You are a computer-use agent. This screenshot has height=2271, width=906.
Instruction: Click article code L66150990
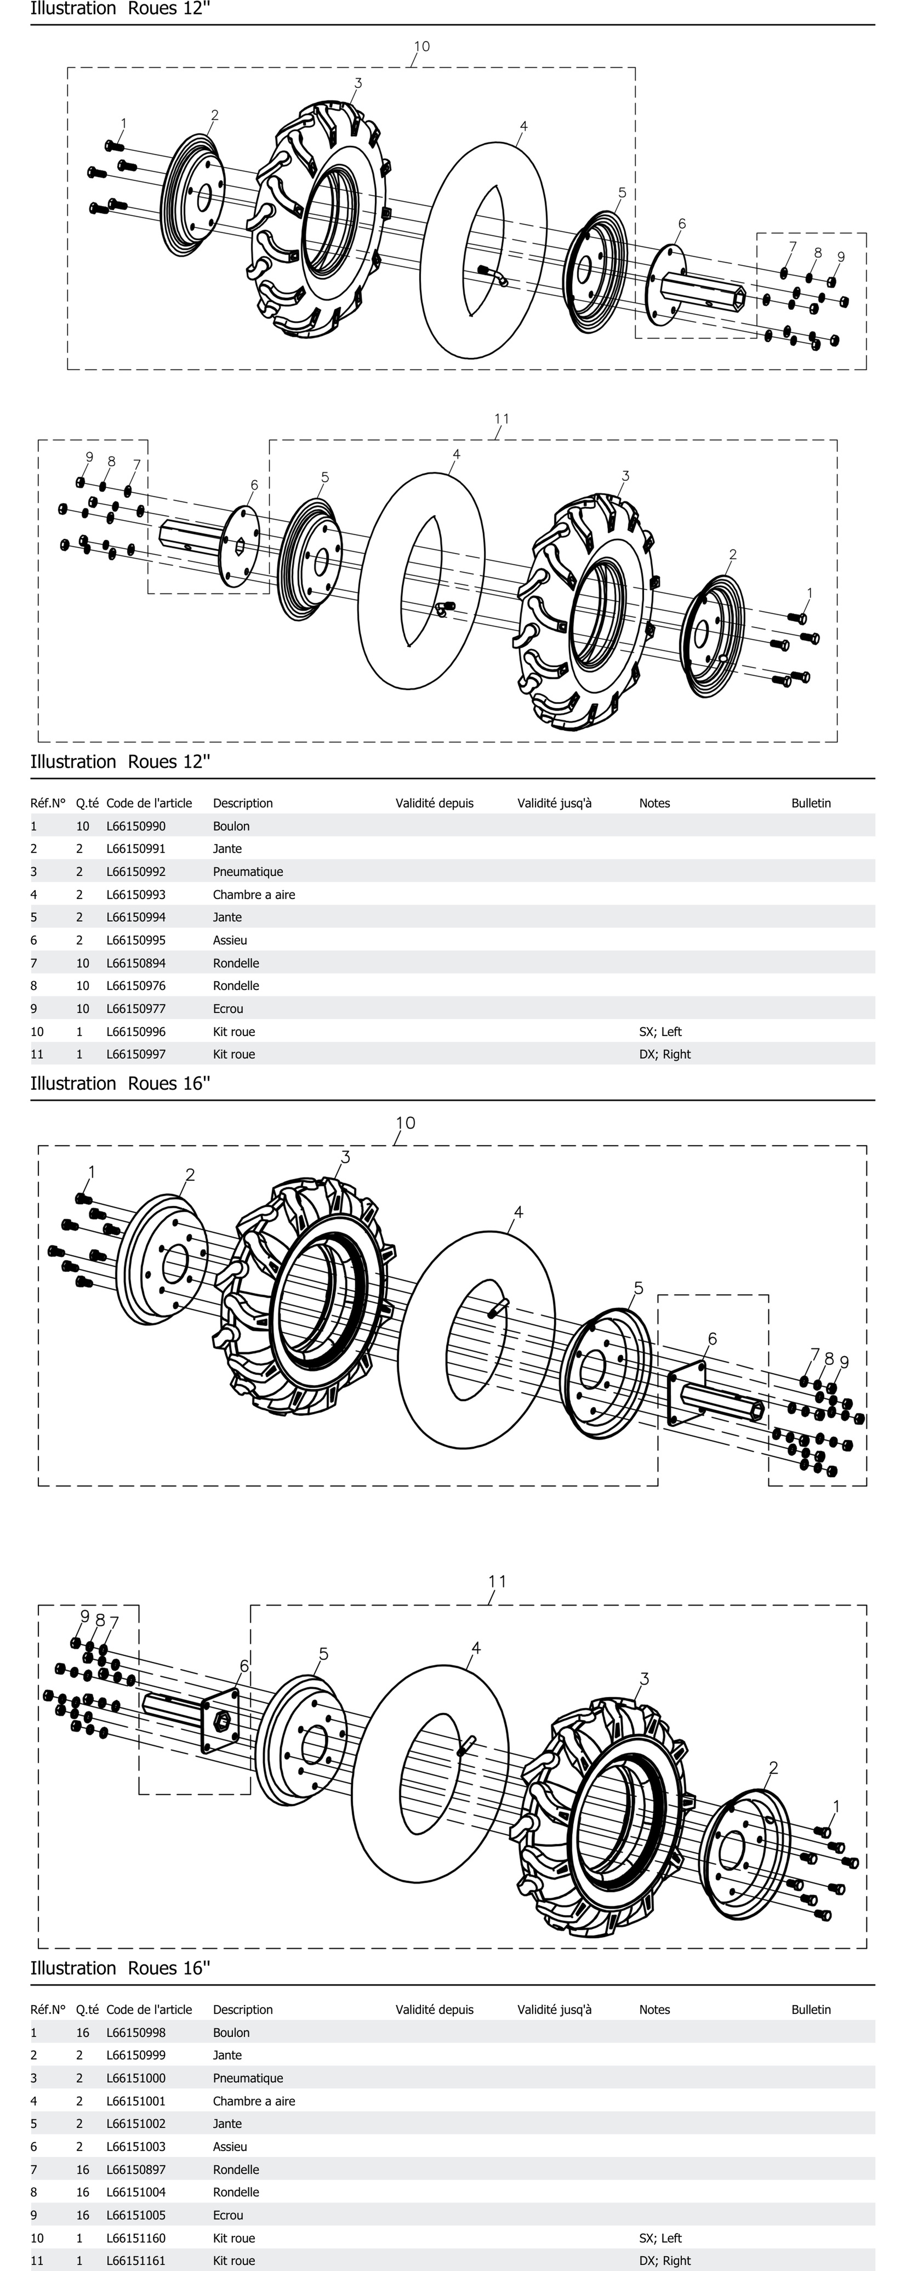[136, 826]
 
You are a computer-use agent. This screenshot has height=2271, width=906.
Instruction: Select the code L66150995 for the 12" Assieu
[136, 940]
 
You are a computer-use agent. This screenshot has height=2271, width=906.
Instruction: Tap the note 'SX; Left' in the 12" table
[660, 1031]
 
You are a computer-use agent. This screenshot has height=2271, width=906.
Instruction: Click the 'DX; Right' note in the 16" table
[665, 2260]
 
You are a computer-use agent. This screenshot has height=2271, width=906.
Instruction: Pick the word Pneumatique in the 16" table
[248, 2078]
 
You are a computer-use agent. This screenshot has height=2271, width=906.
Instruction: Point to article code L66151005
[136, 2215]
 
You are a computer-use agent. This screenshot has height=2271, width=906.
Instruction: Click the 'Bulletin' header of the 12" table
[811, 803]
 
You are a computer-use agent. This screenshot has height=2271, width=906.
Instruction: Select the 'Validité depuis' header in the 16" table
[434, 2009]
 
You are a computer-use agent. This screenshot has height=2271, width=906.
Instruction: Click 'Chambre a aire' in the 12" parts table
[254, 894]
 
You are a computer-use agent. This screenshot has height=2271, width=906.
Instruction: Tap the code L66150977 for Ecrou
[136, 1009]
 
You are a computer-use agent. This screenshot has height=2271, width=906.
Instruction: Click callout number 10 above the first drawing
[421, 47]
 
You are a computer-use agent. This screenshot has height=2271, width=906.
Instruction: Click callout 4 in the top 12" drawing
[523, 127]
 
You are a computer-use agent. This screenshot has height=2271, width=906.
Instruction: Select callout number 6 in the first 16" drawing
[712, 1339]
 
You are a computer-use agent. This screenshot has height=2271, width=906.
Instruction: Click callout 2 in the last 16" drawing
[773, 1768]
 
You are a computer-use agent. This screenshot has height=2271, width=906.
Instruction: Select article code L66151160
[136, 2238]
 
